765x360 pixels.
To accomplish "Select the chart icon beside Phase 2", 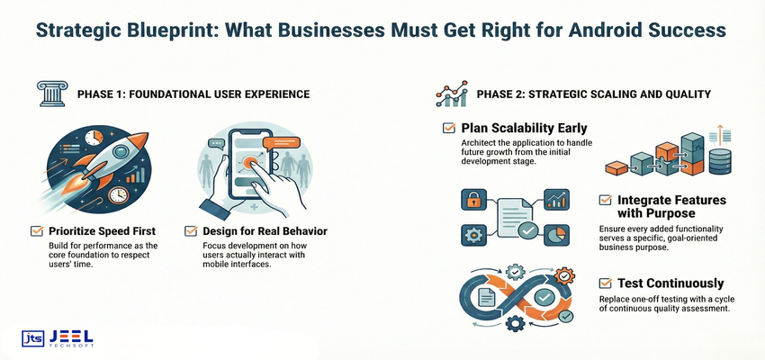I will click(451, 94).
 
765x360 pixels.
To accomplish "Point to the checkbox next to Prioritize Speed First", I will click(37, 231).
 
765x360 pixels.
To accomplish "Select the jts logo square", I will click(33, 339).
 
